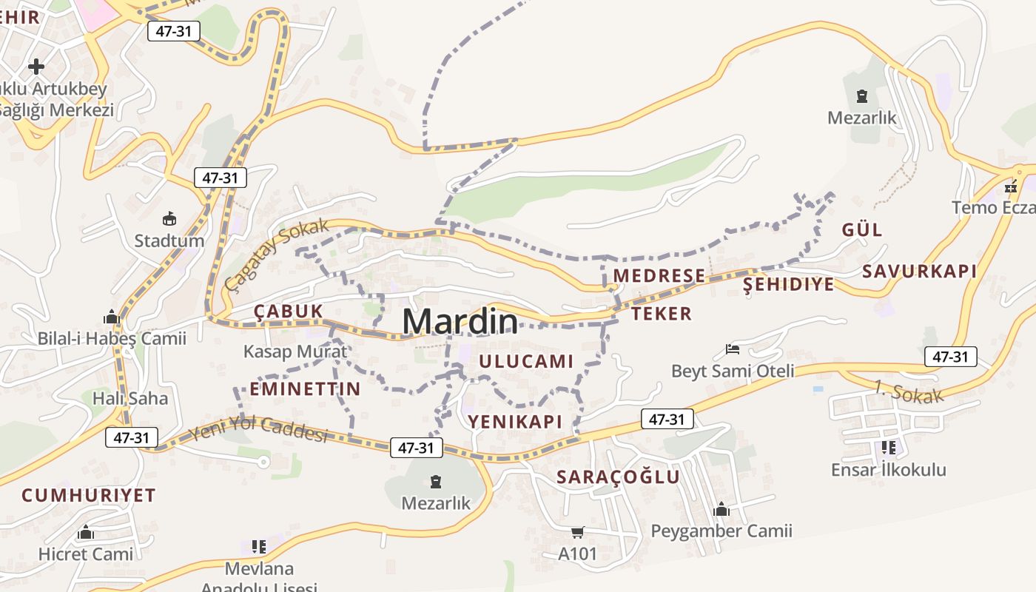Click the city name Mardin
[x=460, y=322]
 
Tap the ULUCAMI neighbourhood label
[x=526, y=362]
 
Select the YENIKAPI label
[x=515, y=422]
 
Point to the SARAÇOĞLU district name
[x=618, y=477]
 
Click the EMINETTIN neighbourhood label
[x=305, y=389]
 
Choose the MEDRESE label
[x=659, y=276]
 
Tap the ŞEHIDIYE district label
[x=788, y=284]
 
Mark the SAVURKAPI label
[x=919, y=271]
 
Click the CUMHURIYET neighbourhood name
[x=89, y=495]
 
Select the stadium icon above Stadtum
[x=169, y=219]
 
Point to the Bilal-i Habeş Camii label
[x=112, y=339]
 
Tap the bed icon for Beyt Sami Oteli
[x=733, y=349]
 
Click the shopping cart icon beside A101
[x=578, y=532]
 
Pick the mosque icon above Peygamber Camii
[x=721, y=509]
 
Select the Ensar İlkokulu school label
[x=888, y=470]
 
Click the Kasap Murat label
[x=295, y=351]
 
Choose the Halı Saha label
[x=129, y=399]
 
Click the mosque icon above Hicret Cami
[x=86, y=533]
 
